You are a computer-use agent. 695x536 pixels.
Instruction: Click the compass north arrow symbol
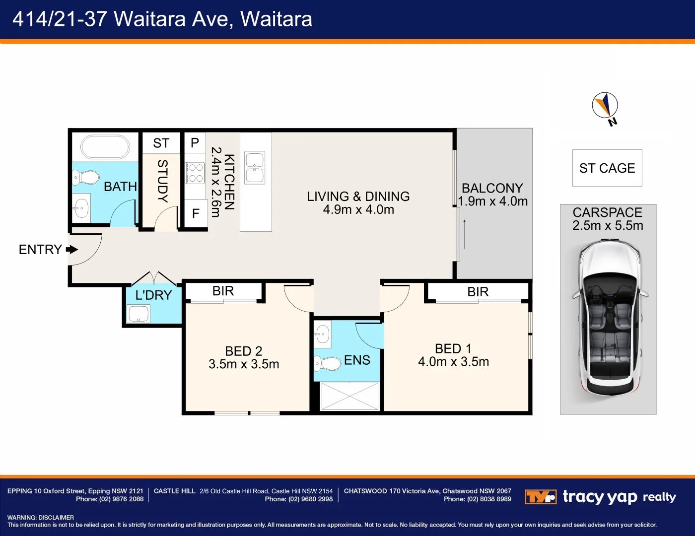pyautogui.click(x=605, y=105)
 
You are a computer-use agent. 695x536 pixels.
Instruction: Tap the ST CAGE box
pyautogui.click(x=607, y=168)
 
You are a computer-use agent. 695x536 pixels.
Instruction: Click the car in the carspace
pyautogui.click(x=610, y=318)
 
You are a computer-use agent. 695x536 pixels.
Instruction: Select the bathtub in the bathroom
pyautogui.click(x=105, y=147)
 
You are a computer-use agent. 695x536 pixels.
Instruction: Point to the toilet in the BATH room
pyautogui.click(x=86, y=177)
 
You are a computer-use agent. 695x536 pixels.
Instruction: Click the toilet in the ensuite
pyautogui.click(x=327, y=363)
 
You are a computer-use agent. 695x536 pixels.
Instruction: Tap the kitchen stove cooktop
pyautogui.click(x=195, y=173)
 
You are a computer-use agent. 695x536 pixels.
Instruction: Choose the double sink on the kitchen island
pyautogui.click(x=255, y=168)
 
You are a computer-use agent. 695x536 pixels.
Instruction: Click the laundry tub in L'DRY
pyautogui.click(x=138, y=314)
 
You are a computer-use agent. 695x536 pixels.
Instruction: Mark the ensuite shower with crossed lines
pyautogui.click(x=349, y=396)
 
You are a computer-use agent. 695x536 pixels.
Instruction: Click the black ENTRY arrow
pyautogui.click(x=72, y=249)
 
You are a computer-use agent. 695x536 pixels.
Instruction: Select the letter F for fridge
pyautogui.click(x=196, y=213)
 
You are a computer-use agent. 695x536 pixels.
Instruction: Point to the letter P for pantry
pyautogui.click(x=195, y=143)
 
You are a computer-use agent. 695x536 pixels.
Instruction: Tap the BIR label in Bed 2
pyautogui.click(x=223, y=291)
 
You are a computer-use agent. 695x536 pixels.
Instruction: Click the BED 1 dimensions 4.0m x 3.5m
pyautogui.click(x=453, y=362)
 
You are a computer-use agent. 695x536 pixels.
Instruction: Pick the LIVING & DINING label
pyautogui.click(x=358, y=197)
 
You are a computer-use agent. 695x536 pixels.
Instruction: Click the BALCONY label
pyautogui.click(x=492, y=188)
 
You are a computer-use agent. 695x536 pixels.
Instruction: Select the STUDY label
pyautogui.click(x=162, y=181)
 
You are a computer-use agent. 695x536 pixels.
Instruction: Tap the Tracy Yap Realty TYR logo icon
pyautogui.click(x=540, y=497)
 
